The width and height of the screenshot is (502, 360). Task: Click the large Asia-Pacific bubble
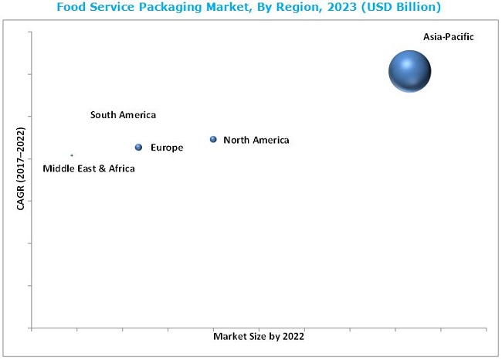(x=409, y=72)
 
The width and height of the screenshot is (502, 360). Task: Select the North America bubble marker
(x=213, y=140)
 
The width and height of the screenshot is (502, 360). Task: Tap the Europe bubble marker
(x=139, y=148)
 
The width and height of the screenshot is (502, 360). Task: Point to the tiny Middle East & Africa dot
(x=72, y=155)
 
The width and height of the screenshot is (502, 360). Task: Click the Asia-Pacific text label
(x=448, y=36)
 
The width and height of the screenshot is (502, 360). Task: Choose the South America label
(x=123, y=115)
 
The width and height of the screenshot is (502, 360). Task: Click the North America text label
(x=256, y=141)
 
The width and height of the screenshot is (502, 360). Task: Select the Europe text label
(x=167, y=148)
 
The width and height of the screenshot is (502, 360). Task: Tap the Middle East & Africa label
(x=88, y=168)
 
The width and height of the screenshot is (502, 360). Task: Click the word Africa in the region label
(x=120, y=168)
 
